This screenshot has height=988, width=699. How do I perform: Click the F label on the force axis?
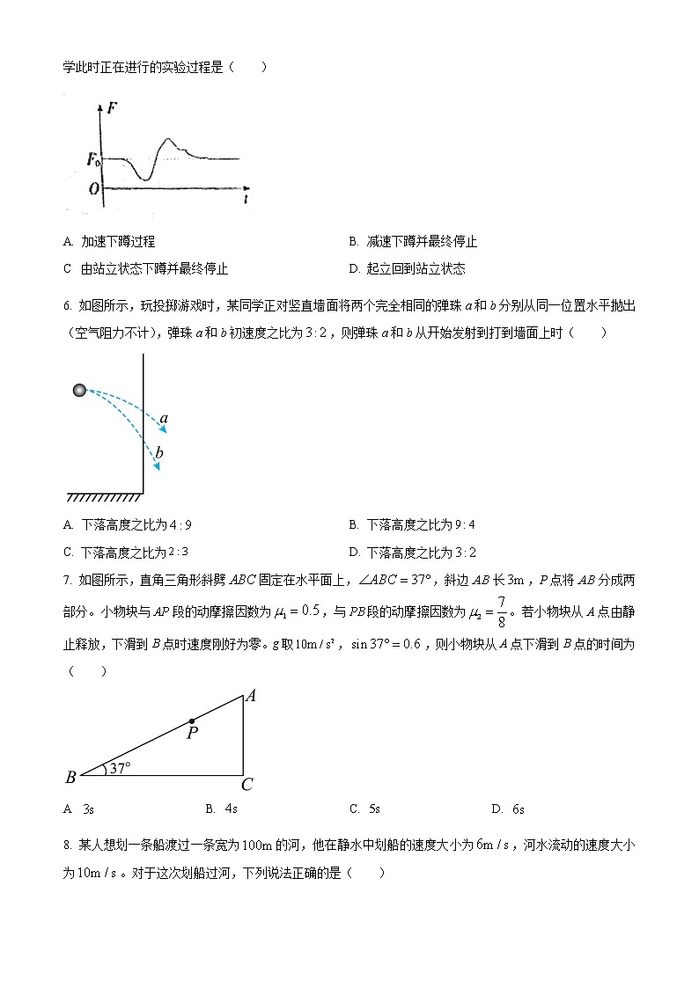click(112, 110)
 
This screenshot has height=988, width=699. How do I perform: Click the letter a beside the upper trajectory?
click(164, 419)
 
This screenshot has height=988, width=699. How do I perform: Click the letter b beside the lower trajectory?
click(159, 453)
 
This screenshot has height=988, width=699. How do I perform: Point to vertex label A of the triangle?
click(251, 696)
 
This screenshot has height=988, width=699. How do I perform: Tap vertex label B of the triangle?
click(70, 777)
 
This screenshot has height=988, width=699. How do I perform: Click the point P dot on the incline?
click(192, 721)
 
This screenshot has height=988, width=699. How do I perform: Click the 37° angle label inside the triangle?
click(119, 768)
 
